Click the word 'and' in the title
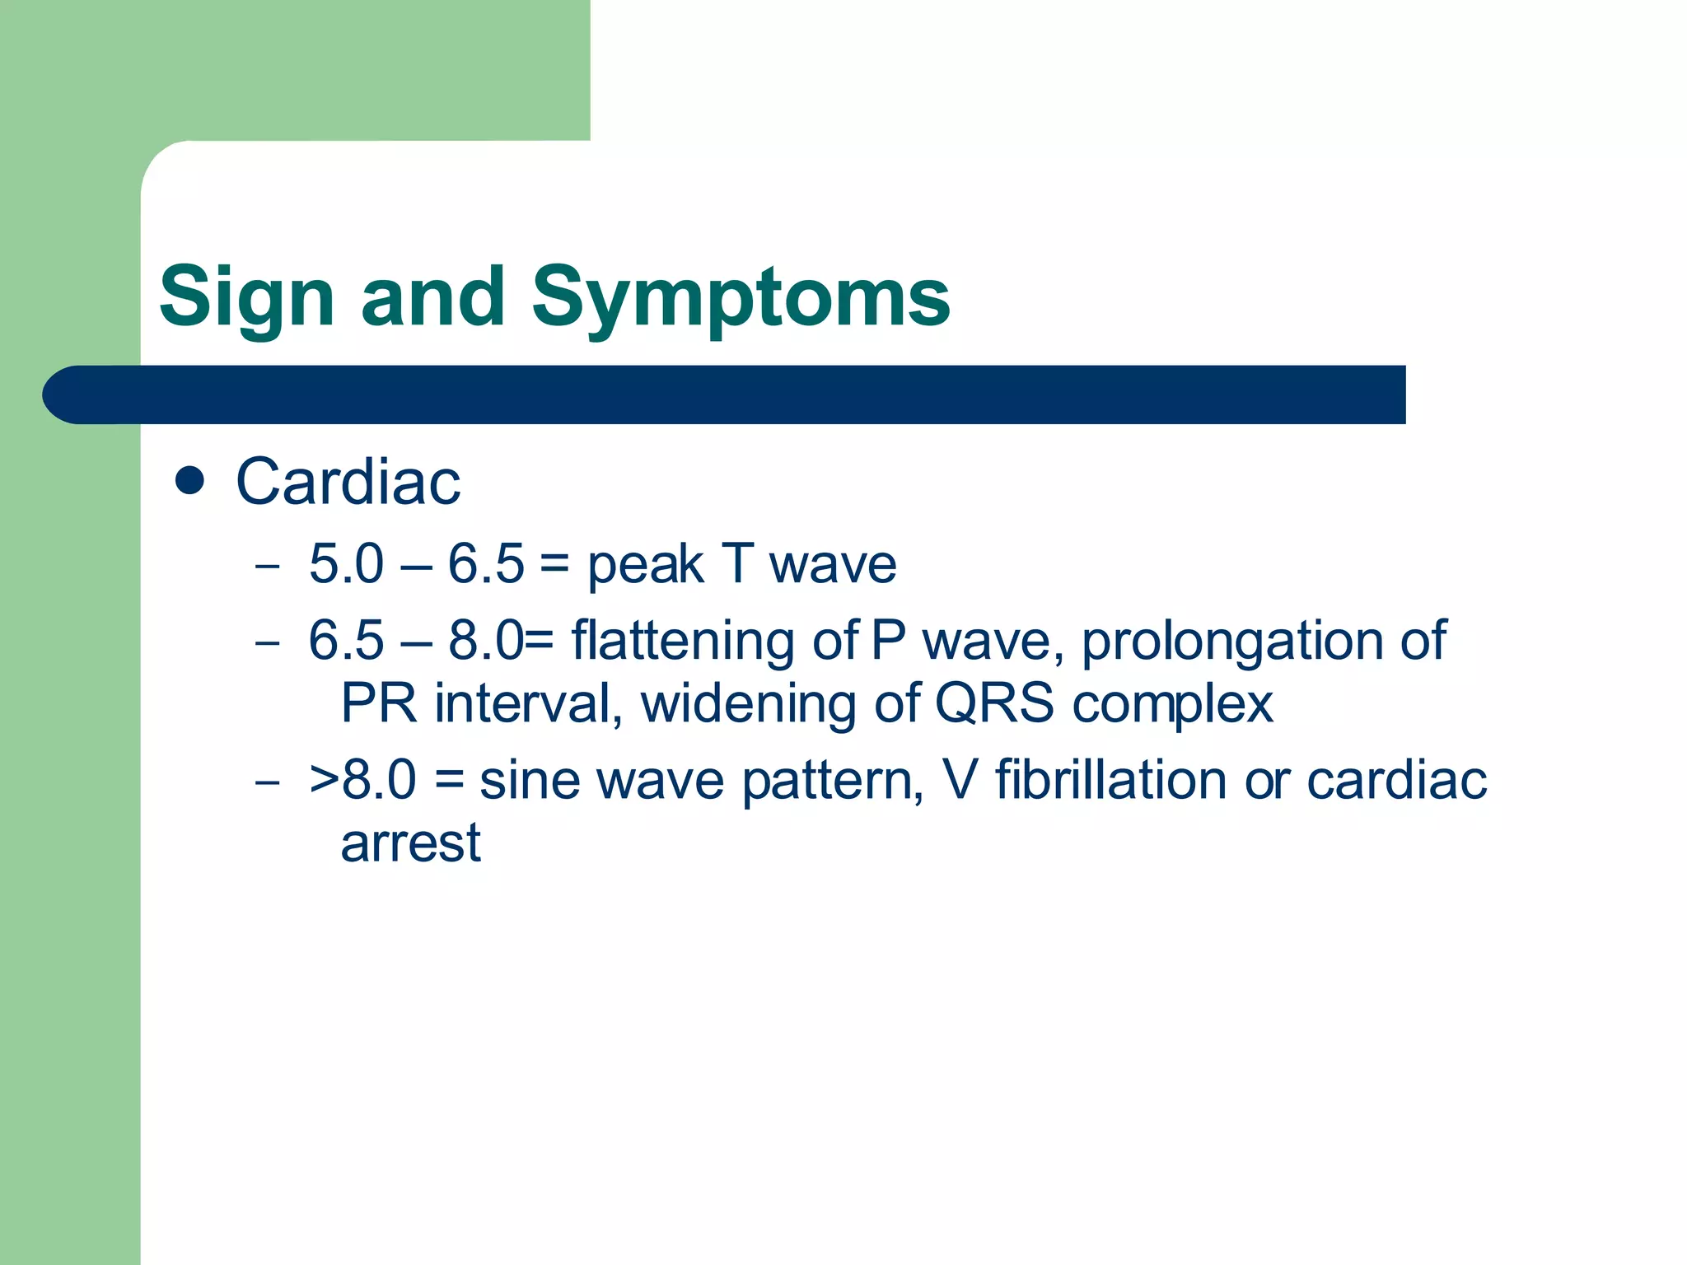tap(432, 296)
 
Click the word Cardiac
tap(348, 482)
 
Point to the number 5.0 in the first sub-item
tap(346, 565)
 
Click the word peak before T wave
tap(645, 567)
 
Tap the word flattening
tap(683, 641)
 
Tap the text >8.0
tap(362, 780)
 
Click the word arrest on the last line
tap(410, 843)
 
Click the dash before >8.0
tap(267, 782)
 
